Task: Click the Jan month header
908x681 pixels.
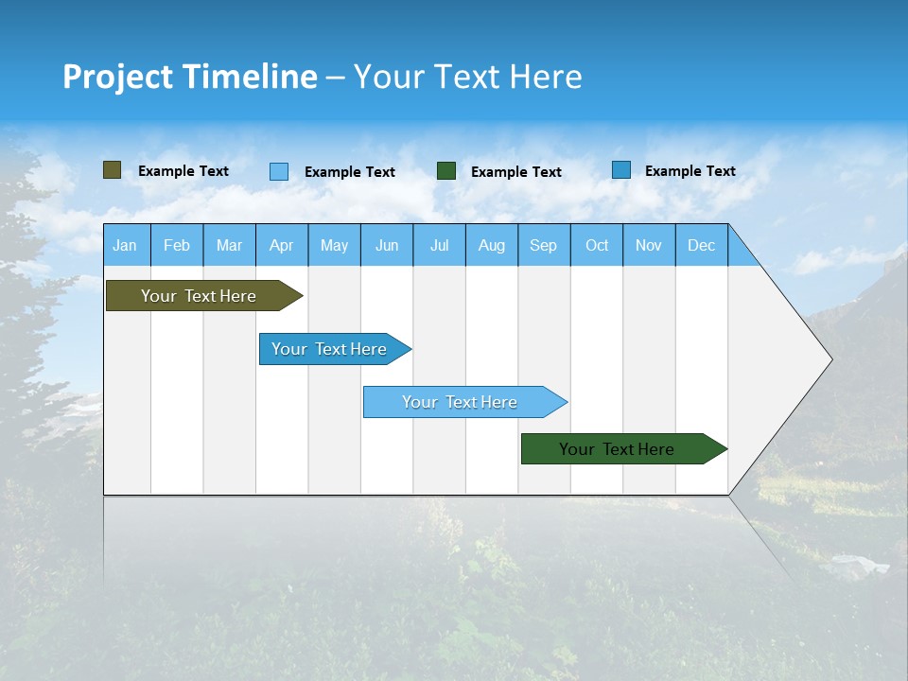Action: coord(126,245)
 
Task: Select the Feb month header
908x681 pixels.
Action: coord(177,245)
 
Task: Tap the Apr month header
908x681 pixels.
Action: coord(282,245)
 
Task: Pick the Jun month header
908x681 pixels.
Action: coord(387,245)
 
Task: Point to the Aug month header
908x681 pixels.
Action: coord(492,245)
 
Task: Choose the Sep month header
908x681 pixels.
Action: coord(544,245)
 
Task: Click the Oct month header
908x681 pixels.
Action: coord(597,245)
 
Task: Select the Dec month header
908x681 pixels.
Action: coord(702,245)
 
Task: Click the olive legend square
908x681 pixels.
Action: coord(113,170)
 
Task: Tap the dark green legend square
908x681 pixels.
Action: coord(446,170)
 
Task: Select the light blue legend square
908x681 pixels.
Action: coord(279,171)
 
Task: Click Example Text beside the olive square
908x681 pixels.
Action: coord(183,171)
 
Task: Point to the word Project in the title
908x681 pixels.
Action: coord(117,77)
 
